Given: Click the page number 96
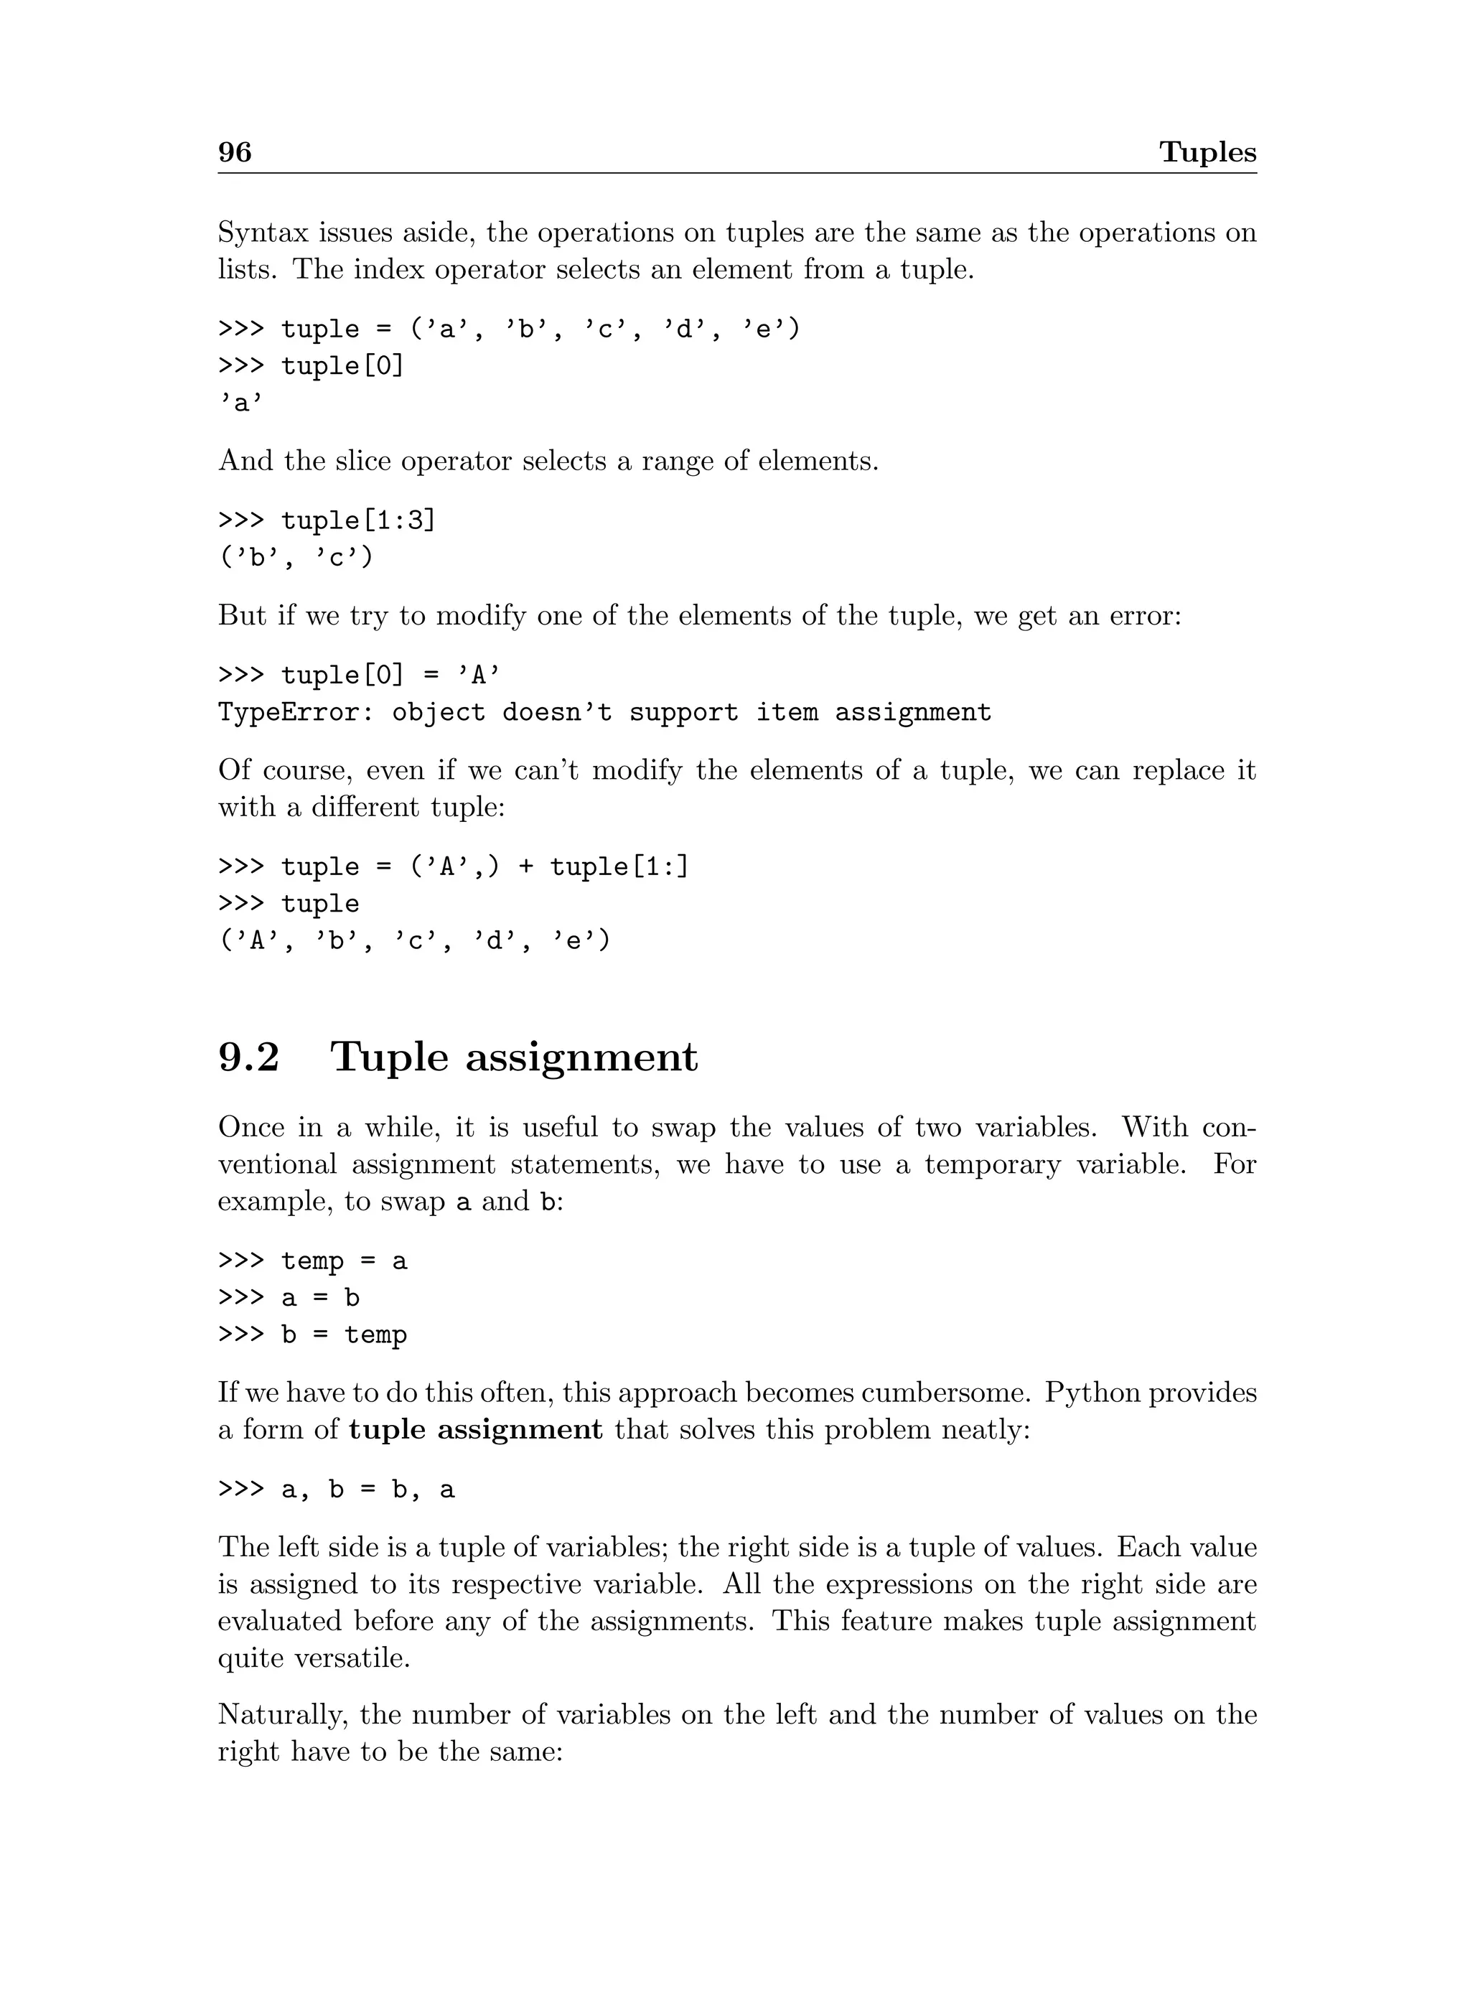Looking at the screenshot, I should point(235,152).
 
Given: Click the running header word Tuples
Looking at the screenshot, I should point(1207,152).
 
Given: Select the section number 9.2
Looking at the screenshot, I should point(248,1057).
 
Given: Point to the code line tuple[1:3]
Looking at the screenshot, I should point(357,520).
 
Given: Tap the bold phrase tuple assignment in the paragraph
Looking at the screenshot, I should point(475,1430).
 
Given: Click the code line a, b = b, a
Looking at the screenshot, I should point(367,1490).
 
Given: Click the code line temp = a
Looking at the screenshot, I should point(344,1261).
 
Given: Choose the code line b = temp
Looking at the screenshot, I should point(344,1335).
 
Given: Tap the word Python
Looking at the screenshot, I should point(1091,1393).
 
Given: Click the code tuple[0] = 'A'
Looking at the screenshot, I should point(390,675).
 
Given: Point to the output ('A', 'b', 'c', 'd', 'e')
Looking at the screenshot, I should point(415,941).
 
